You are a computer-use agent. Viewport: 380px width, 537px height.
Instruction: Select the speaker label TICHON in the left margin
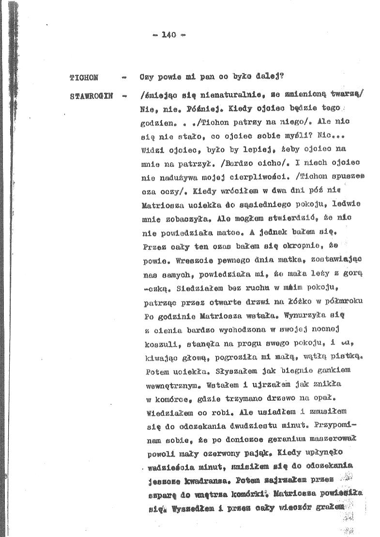coord(84,78)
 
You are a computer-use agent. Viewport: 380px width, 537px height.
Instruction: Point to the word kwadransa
coord(204,483)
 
